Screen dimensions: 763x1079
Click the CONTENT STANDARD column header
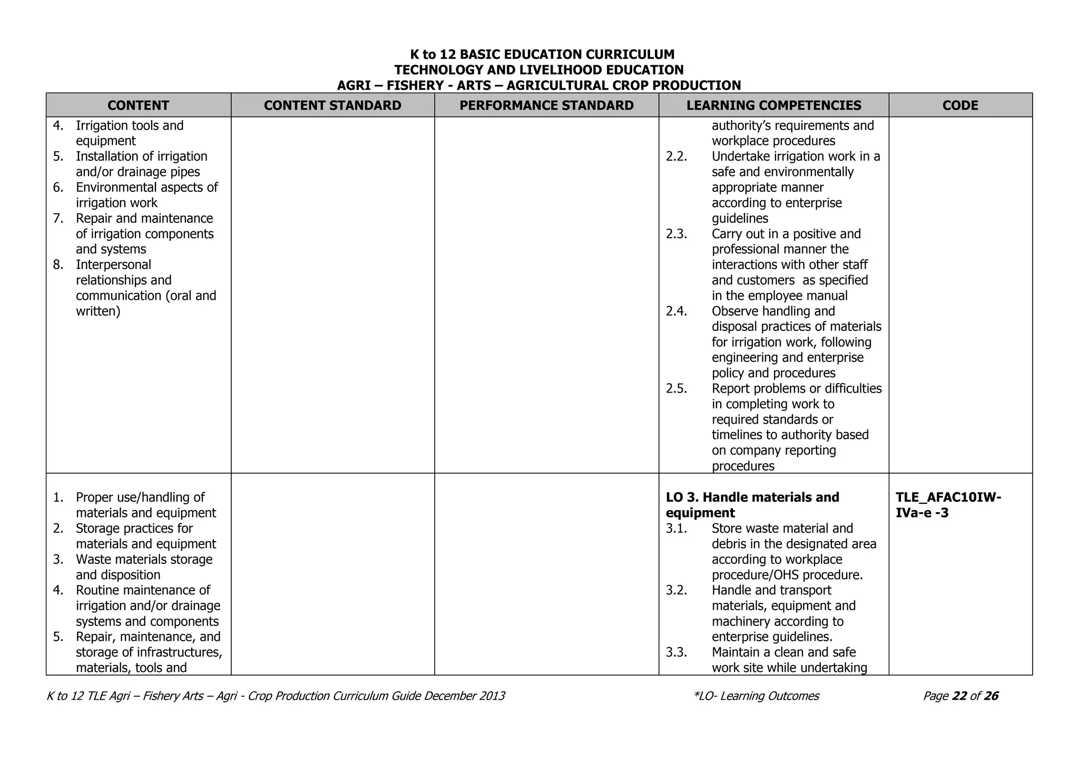[x=332, y=105]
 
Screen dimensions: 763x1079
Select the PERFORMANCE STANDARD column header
[x=546, y=105]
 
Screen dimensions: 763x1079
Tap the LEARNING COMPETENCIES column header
[x=773, y=105]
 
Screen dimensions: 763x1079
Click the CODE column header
[x=960, y=105]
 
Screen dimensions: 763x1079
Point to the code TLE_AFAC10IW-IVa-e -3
[x=948, y=505]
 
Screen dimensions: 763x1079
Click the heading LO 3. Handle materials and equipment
[x=752, y=505]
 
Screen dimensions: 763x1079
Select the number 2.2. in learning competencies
[x=676, y=156]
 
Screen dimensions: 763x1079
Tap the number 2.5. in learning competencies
[x=676, y=389]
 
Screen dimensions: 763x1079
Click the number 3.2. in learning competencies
[x=676, y=590]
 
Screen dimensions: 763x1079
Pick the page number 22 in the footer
[x=959, y=696]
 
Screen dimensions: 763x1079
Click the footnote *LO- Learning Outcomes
[x=757, y=696]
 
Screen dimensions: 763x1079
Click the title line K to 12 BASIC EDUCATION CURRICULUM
[x=542, y=54]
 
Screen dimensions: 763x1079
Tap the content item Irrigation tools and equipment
[x=130, y=133]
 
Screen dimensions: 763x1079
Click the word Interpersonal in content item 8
[x=113, y=265]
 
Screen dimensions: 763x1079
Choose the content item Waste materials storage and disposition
[x=144, y=567]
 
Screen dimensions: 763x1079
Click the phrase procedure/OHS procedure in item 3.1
[x=787, y=575]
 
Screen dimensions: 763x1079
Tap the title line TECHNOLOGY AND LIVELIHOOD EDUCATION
[x=538, y=70]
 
